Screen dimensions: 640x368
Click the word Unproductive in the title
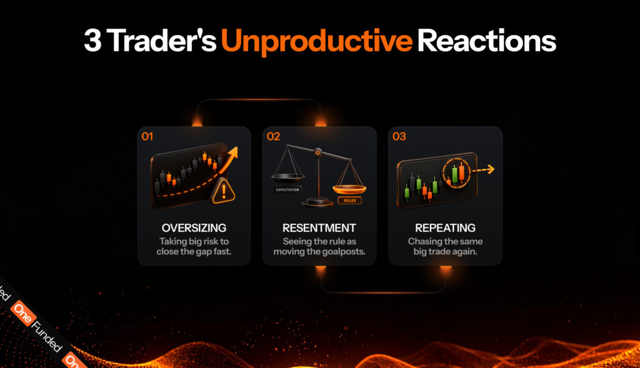click(x=317, y=42)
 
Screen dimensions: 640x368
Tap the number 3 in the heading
click(x=92, y=41)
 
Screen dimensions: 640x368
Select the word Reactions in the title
click(x=486, y=41)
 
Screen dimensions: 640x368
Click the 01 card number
click(x=147, y=136)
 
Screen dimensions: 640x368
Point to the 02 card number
click(x=274, y=136)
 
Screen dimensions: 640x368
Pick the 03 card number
click(x=399, y=136)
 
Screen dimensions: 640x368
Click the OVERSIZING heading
click(x=194, y=227)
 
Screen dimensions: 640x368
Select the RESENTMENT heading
click(x=319, y=227)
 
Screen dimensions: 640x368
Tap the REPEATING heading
click(x=445, y=227)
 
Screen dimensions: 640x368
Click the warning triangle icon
click(x=223, y=191)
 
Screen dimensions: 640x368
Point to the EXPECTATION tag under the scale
click(x=287, y=190)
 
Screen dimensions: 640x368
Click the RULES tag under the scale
click(x=350, y=201)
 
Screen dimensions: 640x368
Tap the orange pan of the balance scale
click(x=349, y=189)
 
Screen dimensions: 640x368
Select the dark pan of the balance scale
click(x=287, y=177)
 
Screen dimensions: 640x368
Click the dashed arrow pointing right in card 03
click(x=484, y=170)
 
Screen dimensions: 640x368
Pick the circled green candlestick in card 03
click(x=454, y=174)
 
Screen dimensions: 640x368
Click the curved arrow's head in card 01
click(x=232, y=154)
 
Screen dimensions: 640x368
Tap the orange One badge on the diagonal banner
click(x=23, y=313)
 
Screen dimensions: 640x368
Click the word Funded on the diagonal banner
click(x=47, y=337)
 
